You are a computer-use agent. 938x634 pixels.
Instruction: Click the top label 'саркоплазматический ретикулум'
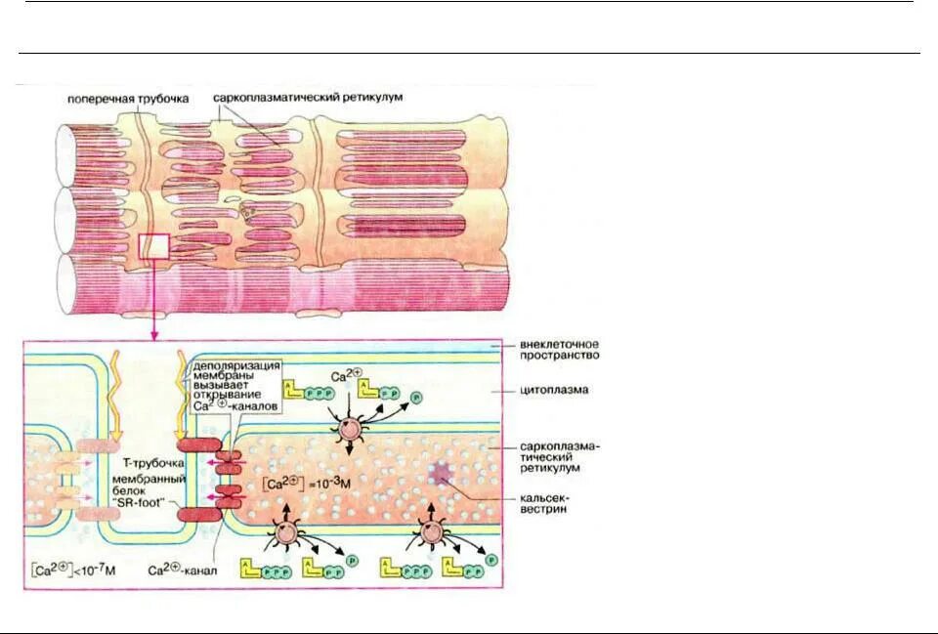point(308,99)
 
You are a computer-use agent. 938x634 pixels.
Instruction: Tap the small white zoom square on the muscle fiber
point(155,245)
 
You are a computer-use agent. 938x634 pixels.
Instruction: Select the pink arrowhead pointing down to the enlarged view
point(154,336)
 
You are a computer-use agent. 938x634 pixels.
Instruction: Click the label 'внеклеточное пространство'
point(559,350)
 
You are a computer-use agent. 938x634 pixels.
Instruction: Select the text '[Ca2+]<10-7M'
point(72,570)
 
